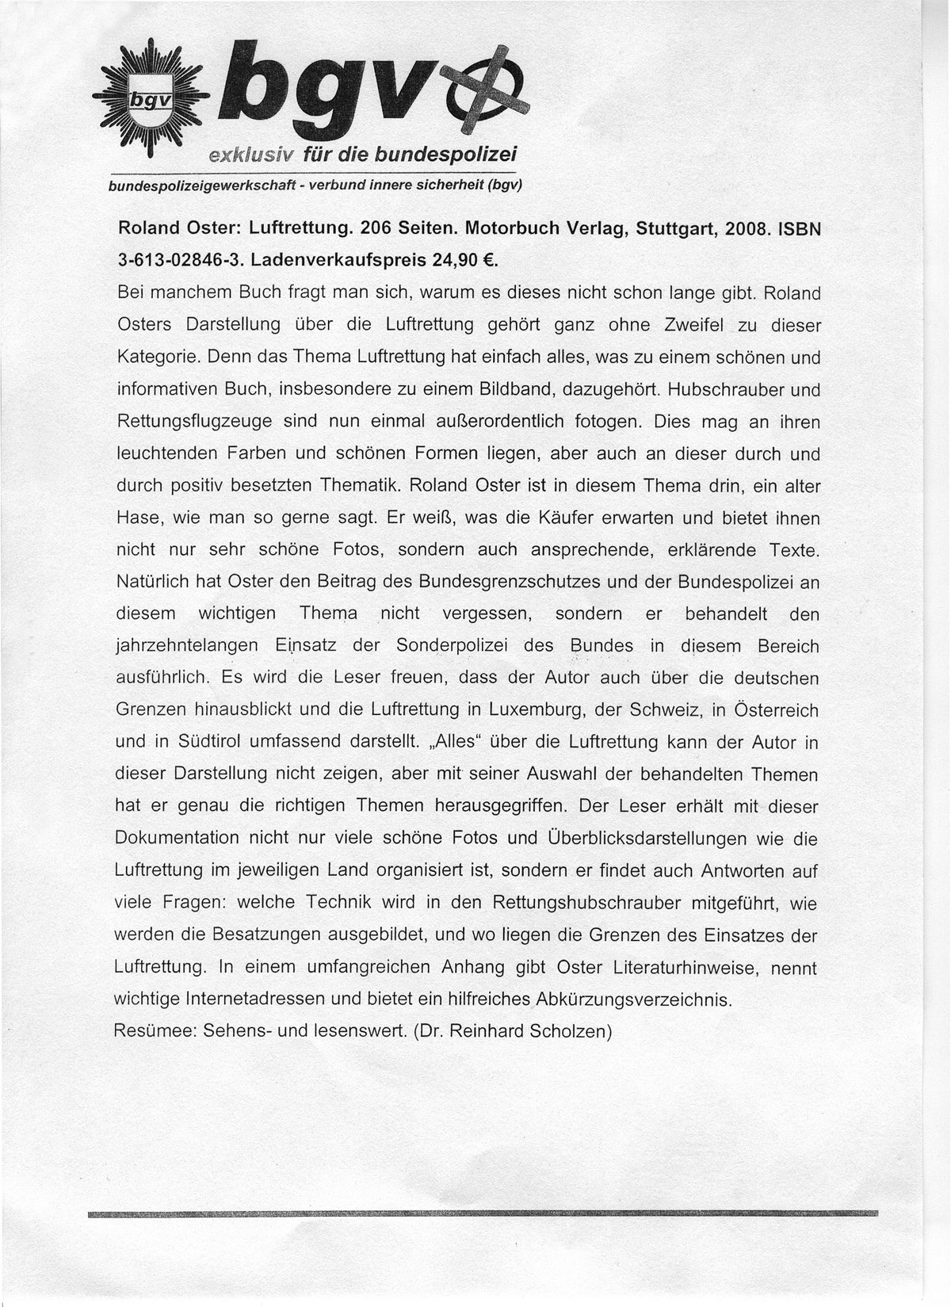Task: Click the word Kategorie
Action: [x=156, y=357]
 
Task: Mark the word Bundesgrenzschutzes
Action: [x=509, y=582]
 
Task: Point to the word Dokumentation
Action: [x=177, y=839]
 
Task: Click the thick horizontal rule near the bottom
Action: [x=483, y=1213]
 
